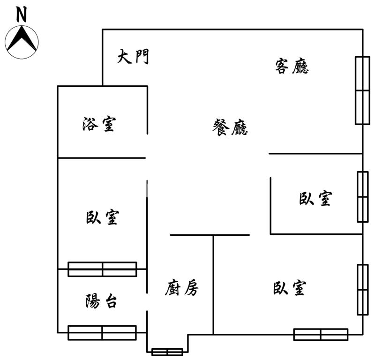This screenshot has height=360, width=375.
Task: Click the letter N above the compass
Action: (21, 14)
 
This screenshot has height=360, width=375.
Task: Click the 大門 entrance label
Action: (133, 57)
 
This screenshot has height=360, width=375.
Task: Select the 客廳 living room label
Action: (292, 66)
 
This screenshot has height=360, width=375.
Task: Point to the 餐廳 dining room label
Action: (230, 127)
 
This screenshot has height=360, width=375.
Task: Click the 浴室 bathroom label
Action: (99, 124)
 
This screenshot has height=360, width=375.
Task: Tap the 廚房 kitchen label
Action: (182, 288)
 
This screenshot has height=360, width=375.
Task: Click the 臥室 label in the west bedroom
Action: (102, 217)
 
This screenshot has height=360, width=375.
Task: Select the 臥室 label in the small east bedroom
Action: (315, 198)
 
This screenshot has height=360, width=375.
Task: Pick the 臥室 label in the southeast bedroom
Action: (290, 288)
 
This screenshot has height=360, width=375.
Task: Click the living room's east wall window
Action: (362, 90)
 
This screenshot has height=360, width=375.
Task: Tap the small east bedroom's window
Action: (362, 197)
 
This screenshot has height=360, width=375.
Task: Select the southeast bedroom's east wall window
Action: (362, 290)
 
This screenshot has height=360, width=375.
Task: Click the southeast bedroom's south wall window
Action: (321, 334)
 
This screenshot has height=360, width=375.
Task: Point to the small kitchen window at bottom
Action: (167, 352)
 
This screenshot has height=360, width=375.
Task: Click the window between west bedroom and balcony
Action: (102, 270)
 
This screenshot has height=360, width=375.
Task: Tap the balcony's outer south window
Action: (102, 333)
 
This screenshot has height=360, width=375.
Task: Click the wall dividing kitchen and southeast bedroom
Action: (213, 285)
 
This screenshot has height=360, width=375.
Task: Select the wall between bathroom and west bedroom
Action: (102, 158)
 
